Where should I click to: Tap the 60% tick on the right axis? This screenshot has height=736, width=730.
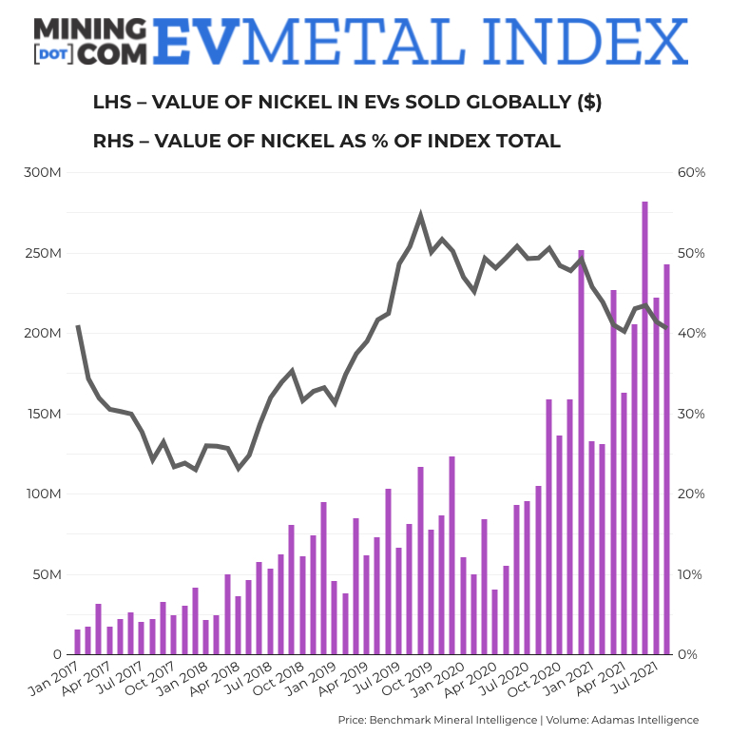point(690,173)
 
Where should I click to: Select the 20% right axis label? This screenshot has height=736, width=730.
point(690,494)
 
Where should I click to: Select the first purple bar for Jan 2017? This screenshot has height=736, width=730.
point(77,642)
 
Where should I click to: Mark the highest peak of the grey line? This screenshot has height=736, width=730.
point(421,216)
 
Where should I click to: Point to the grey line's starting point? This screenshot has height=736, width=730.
point(77,326)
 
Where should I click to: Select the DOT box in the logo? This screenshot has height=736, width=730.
point(48,55)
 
